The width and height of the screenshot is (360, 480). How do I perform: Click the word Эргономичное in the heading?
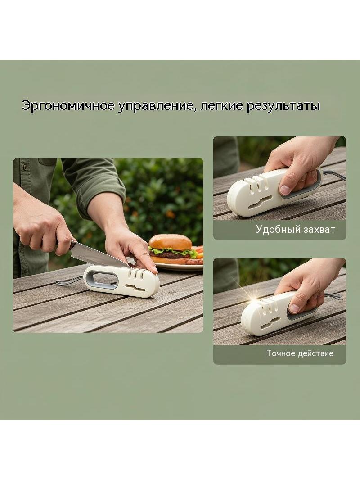point(68,106)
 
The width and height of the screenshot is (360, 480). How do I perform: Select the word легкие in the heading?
point(221,106)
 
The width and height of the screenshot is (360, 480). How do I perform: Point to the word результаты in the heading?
point(283,106)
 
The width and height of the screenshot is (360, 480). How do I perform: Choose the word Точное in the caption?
point(281,353)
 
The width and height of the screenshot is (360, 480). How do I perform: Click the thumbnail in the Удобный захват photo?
point(285,190)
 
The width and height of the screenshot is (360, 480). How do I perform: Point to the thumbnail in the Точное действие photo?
point(294,308)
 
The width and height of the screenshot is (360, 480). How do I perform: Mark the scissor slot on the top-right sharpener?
point(260,202)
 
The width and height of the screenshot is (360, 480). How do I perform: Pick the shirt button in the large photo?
point(25,167)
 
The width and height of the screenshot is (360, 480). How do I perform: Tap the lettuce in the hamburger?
point(173,252)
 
